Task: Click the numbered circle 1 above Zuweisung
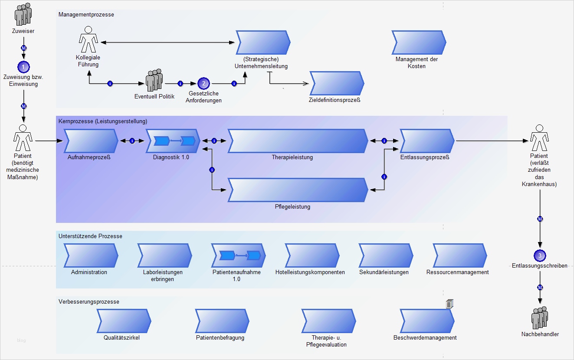coord(23,67)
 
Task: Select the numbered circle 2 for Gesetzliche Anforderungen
coord(203,83)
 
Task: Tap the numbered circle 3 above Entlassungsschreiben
coord(540,255)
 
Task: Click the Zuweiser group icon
coord(23,14)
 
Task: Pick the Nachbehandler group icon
coord(540,318)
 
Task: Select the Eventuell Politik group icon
coord(154,80)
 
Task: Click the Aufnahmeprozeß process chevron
coord(91,141)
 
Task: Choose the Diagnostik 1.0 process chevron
coord(173,141)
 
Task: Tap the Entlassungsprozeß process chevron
coord(427,141)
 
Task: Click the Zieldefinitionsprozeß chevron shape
coord(337,83)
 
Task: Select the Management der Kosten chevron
coord(419,43)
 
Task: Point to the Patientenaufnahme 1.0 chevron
coord(238,255)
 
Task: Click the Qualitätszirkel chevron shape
coord(124,321)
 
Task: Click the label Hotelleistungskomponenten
coord(310,272)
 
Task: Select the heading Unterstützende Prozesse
coord(90,236)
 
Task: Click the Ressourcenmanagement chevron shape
coord(460,255)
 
